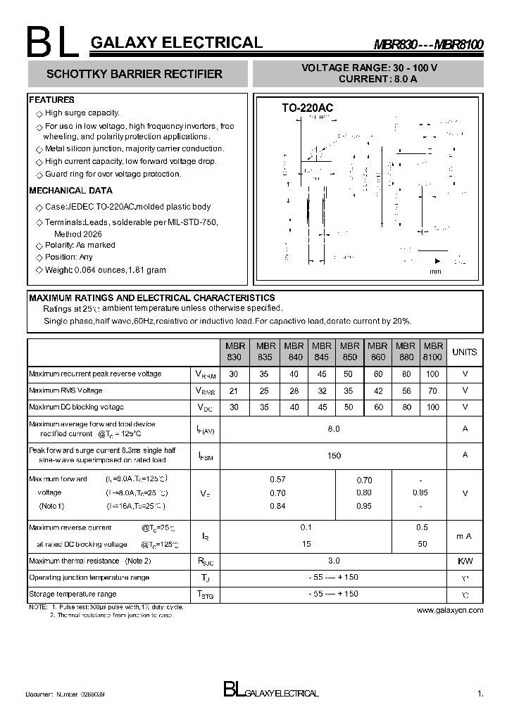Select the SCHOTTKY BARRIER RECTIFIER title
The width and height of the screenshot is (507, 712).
[x=134, y=74]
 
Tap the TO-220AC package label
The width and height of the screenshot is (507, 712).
[x=307, y=108]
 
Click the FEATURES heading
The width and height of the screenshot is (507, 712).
[x=51, y=100]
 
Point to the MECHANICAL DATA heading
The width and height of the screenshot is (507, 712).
[x=70, y=191]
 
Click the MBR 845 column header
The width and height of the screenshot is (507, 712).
[x=321, y=352]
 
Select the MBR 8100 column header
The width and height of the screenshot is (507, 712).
[x=432, y=352]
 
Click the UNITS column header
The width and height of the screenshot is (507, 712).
[x=464, y=352]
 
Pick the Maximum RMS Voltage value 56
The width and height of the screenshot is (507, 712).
[x=405, y=390]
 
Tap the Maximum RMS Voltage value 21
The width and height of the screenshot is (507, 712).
[x=234, y=390]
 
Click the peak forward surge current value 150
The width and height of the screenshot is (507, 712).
[x=334, y=456]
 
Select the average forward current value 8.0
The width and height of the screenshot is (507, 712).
[x=334, y=428]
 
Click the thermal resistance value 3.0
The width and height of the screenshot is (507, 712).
[x=334, y=561]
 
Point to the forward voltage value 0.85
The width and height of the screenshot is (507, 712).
[x=420, y=492]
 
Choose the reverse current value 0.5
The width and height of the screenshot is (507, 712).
[x=422, y=527]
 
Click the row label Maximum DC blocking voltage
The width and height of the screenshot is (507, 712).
[x=76, y=407]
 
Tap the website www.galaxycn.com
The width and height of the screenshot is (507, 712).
[x=450, y=610]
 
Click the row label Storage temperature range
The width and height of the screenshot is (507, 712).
[x=73, y=594]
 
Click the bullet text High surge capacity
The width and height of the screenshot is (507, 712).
[x=82, y=113]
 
